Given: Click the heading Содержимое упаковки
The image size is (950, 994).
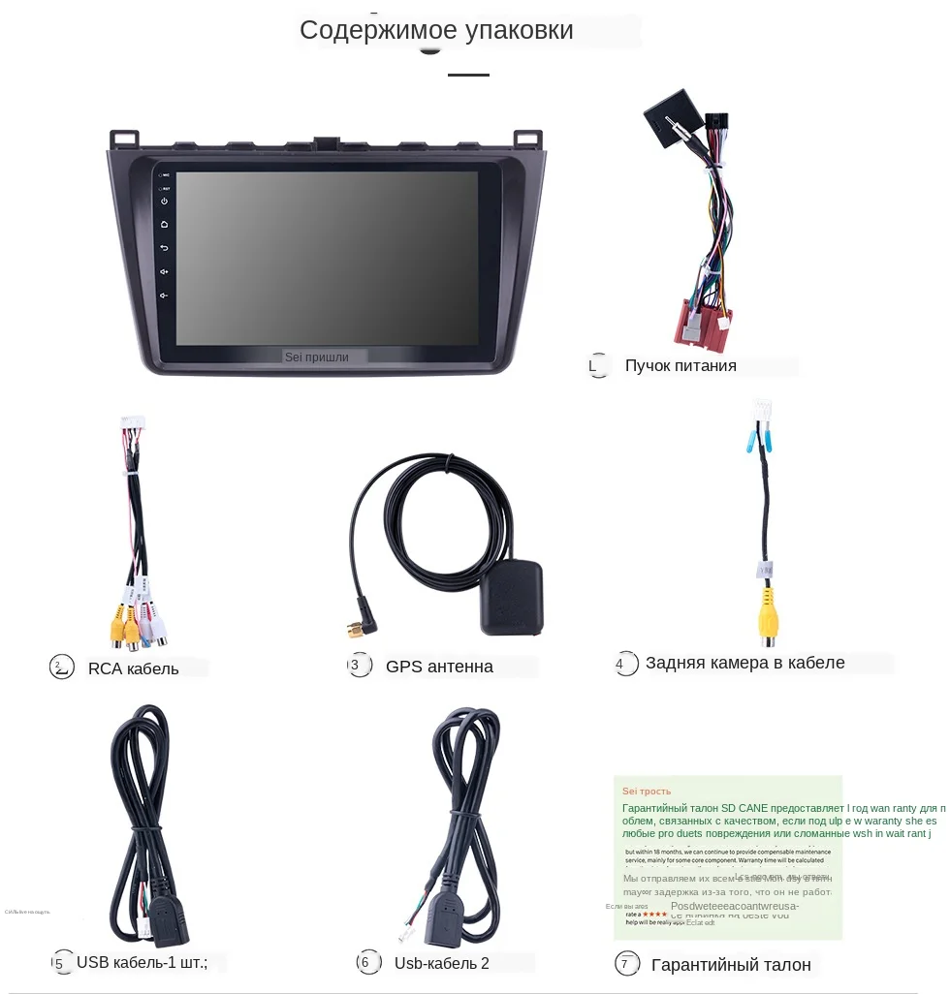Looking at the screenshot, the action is [436, 30].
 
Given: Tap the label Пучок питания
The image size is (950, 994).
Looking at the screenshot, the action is [681, 366].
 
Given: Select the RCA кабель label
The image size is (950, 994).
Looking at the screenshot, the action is [134, 668].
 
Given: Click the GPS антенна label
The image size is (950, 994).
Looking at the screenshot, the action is [439, 667].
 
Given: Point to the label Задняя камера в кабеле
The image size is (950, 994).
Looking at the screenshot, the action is [744, 663].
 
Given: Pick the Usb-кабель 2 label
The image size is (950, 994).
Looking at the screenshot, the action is [441, 963].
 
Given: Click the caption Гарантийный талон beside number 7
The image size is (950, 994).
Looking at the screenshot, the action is [731, 965].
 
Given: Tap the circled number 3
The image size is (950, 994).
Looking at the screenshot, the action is [359, 666].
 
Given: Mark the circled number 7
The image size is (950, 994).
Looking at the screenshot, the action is [627, 964].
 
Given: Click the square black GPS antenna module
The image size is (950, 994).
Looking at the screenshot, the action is [512, 597].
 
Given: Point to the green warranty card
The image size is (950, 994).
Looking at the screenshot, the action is [727, 856].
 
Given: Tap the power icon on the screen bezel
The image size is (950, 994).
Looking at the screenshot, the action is [165, 202].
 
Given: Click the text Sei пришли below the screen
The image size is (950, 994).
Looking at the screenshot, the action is [316, 357].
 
